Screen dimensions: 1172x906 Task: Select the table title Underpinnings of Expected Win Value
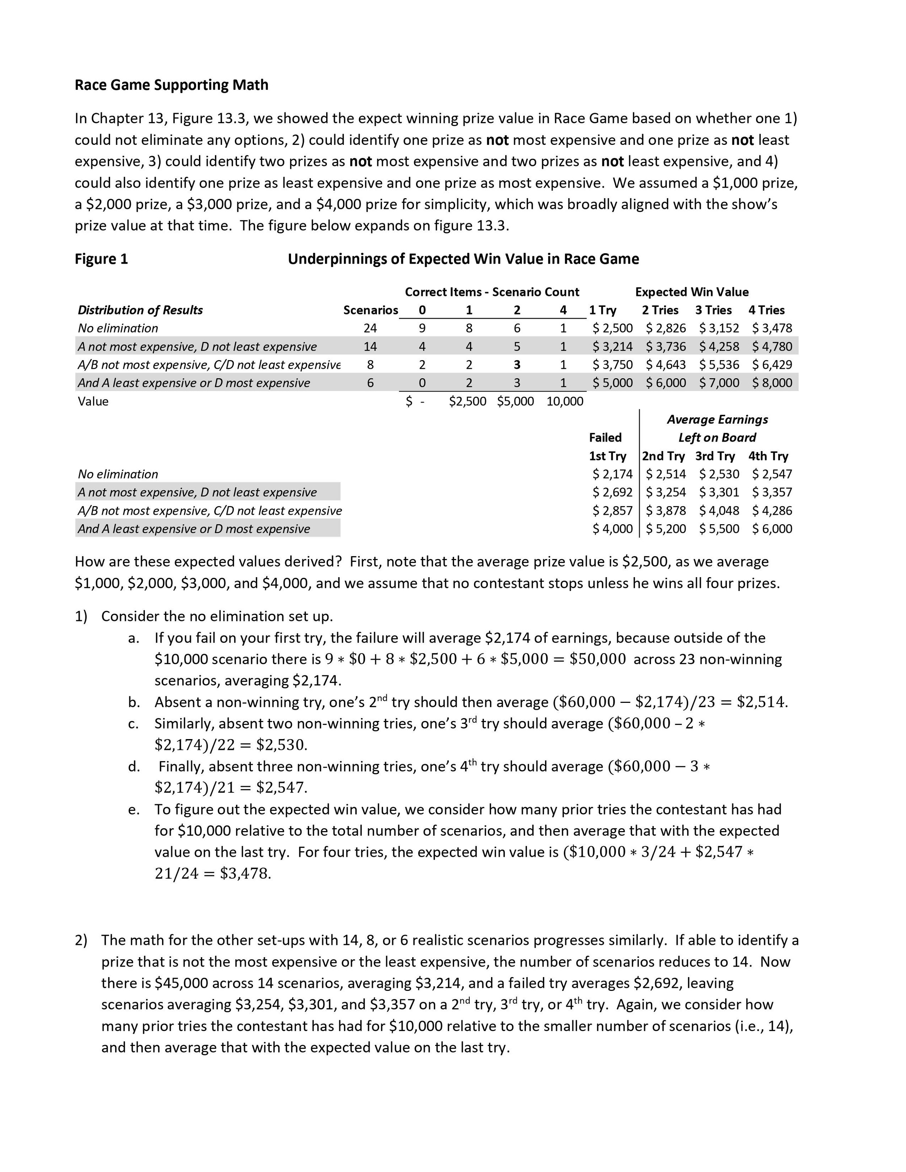point(463,259)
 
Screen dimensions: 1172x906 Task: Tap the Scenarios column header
point(370,310)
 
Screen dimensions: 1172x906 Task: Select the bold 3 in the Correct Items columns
point(516,365)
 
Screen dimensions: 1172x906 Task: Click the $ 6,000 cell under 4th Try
point(772,529)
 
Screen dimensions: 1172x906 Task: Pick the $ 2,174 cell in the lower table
point(612,474)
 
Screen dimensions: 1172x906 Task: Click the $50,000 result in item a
point(597,659)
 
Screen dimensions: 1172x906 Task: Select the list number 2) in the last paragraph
point(81,940)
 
